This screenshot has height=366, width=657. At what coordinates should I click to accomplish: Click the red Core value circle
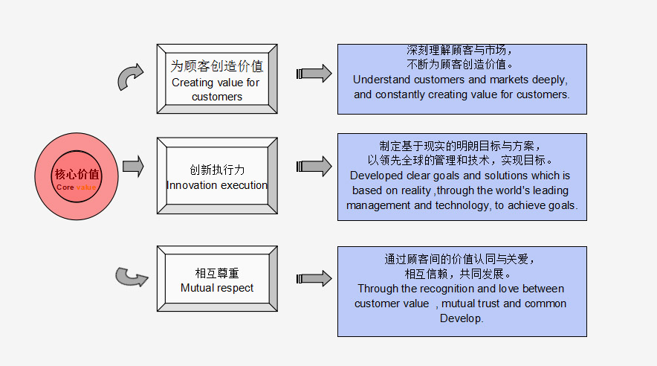pyautogui.click(x=77, y=176)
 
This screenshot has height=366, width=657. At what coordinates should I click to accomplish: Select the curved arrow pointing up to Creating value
pyautogui.click(x=130, y=77)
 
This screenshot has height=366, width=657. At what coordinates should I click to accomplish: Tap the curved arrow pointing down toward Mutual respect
pyautogui.click(x=131, y=277)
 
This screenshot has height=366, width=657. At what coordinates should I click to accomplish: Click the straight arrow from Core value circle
pyautogui.click(x=133, y=167)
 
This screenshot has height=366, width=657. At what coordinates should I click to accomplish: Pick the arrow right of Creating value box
pyautogui.click(x=314, y=74)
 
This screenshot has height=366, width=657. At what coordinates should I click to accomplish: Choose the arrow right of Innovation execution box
pyautogui.click(x=314, y=166)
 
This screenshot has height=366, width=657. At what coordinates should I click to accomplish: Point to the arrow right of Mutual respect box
pyautogui.click(x=314, y=278)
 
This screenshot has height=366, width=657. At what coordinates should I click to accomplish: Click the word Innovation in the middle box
pyautogui.click(x=192, y=185)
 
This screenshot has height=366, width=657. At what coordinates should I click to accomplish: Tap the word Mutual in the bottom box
pyautogui.click(x=198, y=288)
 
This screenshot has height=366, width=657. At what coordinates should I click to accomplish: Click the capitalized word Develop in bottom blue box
pyautogui.click(x=461, y=318)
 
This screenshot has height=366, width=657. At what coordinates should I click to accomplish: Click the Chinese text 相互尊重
pyautogui.click(x=217, y=273)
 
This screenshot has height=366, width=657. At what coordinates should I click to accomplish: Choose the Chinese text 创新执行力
pyautogui.click(x=217, y=170)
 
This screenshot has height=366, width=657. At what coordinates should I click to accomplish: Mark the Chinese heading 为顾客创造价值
pyautogui.click(x=216, y=65)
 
